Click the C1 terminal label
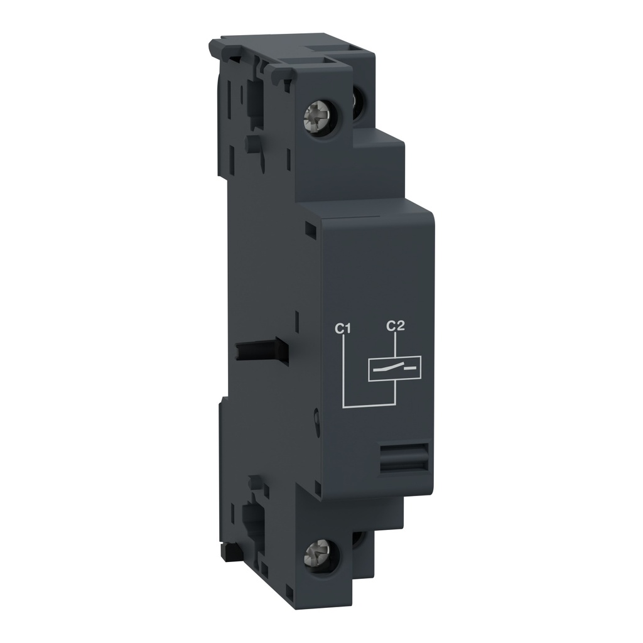pyautogui.click(x=342, y=327)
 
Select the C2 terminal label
pyautogui.click(x=394, y=325)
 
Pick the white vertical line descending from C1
pyautogui.click(x=344, y=370)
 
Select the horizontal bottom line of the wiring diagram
pyautogui.click(x=369, y=406)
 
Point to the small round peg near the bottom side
pyautogui.click(x=253, y=484)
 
